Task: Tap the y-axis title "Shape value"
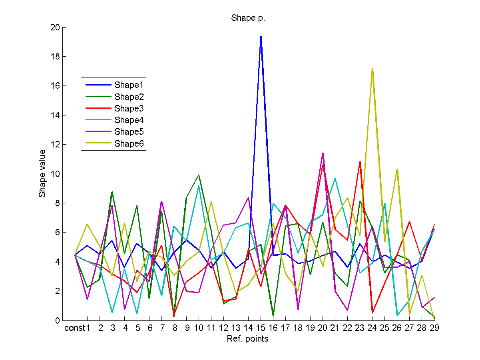pyautogui.click(x=42, y=174)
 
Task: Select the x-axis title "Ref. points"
pyautogui.click(x=248, y=339)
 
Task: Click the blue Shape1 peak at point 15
pyautogui.click(x=261, y=36)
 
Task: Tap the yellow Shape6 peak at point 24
pyautogui.click(x=372, y=69)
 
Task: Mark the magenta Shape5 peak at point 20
pyautogui.click(x=323, y=153)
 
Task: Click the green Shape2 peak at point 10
pyautogui.click(x=199, y=175)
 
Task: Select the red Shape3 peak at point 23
pyautogui.click(x=360, y=162)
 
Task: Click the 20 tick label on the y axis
pyautogui.click(x=55, y=28)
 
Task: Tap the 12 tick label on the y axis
pyautogui.click(x=55, y=145)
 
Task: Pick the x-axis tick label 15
pyautogui.click(x=261, y=329)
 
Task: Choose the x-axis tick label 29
pyautogui.click(x=434, y=329)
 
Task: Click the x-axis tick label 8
pyautogui.click(x=174, y=329)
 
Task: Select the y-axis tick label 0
pyautogui.click(x=58, y=320)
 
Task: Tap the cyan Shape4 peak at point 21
pyautogui.click(x=335, y=179)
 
